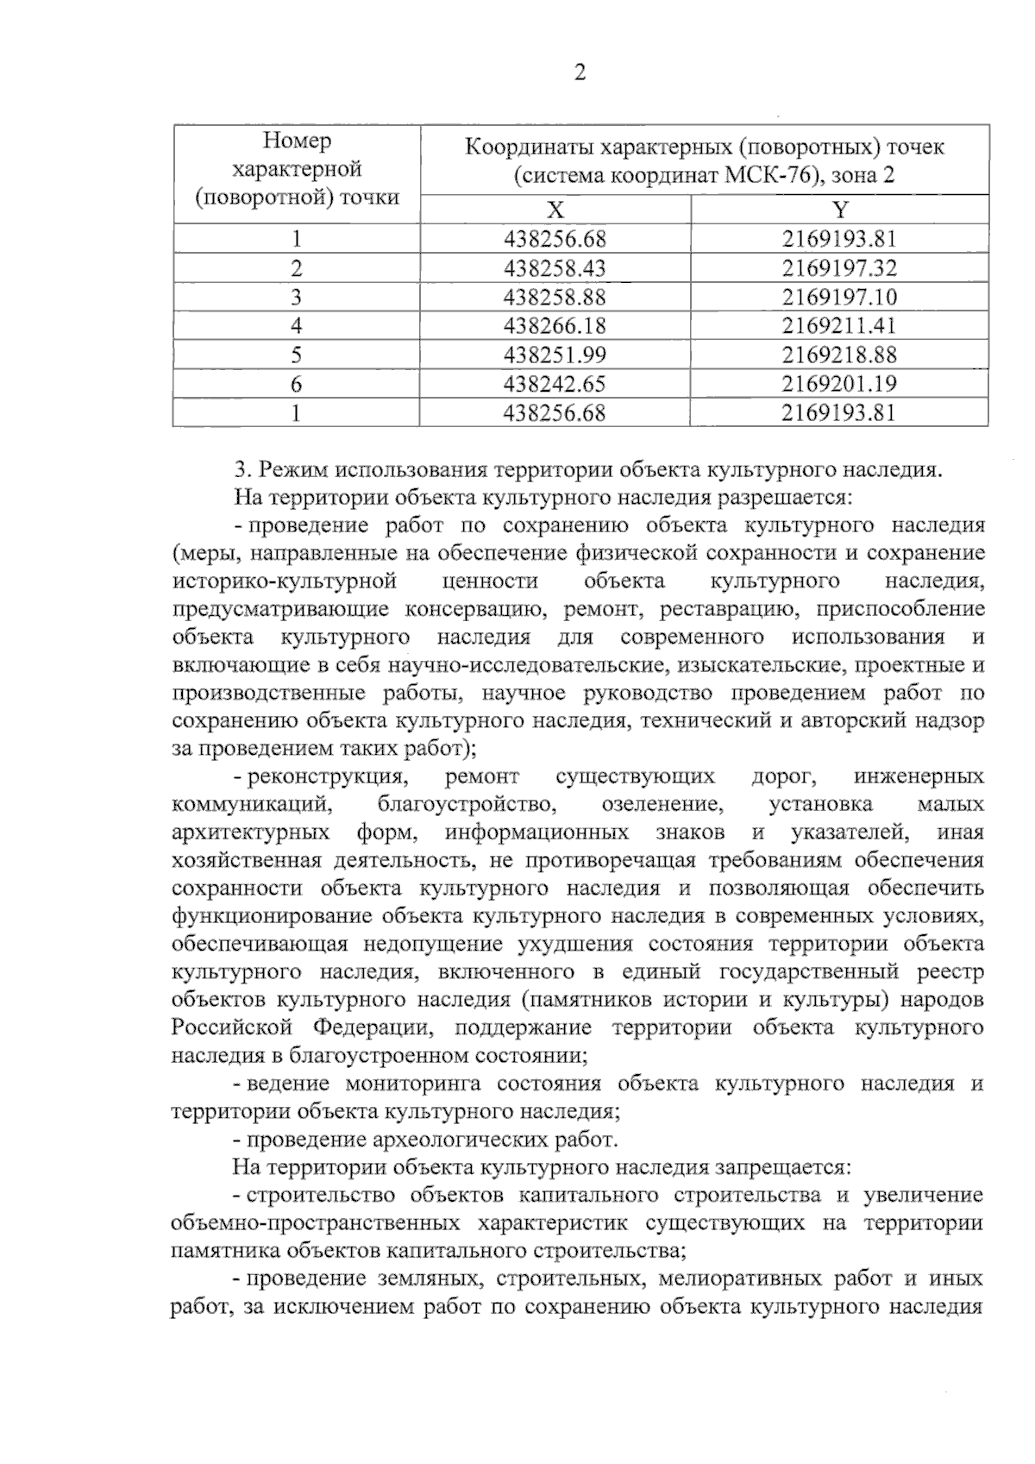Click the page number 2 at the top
(x=580, y=73)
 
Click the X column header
(x=555, y=210)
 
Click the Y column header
(x=840, y=210)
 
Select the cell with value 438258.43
(x=555, y=268)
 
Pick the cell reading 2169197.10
(x=839, y=298)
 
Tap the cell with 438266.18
(x=555, y=326)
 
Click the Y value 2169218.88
(x=839, y=355)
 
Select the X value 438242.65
(x=555, y=384)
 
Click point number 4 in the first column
(x=296, y=326)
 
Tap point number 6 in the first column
(x=296, y=384)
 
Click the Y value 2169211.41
(x=839, y=326)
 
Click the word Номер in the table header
(x=297, y=141)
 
